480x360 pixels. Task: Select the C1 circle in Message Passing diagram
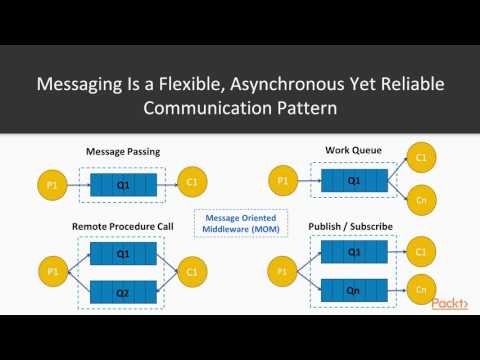(x=191, y=184)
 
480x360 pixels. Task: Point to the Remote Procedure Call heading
(x=123, y=227)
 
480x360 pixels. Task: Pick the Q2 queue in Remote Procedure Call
(x=123, y=294)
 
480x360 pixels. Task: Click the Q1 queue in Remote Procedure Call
(x=123, y=254)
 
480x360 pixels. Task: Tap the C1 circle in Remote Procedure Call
(x=192, y=271)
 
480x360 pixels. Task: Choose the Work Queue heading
(x=352, y=150)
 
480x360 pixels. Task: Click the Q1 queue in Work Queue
(x=352, y=181)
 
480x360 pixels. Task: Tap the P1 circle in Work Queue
(x=283, y=181)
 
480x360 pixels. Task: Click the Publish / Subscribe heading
(x=353, y=226)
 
